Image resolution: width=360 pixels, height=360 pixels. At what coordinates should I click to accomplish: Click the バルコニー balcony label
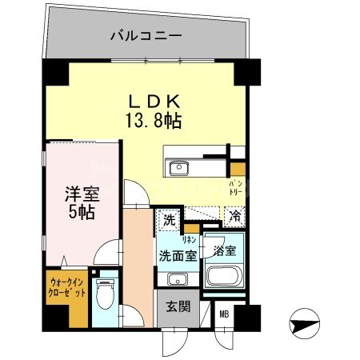coord(146,36)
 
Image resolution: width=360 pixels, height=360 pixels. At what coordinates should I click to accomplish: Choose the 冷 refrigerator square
coord(234,215)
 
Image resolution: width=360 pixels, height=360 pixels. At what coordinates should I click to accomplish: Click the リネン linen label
coord(191,238)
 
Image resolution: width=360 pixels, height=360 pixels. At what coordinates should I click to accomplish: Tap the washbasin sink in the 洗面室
coord(177,279)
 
